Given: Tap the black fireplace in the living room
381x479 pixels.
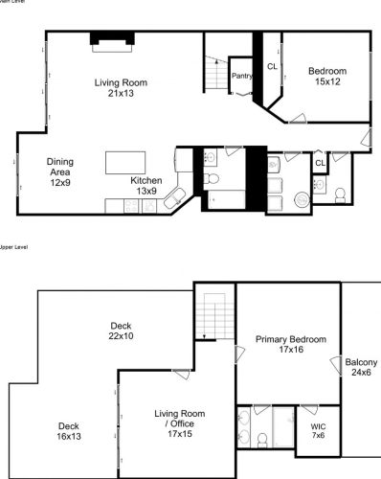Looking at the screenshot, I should [108, 38].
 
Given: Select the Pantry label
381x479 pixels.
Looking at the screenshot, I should [242, 77].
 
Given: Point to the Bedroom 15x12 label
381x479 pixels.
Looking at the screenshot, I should [326, 76].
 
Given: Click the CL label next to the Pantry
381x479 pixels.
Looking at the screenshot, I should [272, 66].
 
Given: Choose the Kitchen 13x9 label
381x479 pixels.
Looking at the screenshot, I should [146, 186].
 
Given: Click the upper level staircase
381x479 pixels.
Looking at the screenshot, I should [209, 316].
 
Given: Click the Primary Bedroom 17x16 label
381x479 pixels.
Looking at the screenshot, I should [291, 345].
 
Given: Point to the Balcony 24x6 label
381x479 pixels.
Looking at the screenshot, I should [361, 367].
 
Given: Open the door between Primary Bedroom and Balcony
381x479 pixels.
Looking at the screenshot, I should [336, 365].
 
